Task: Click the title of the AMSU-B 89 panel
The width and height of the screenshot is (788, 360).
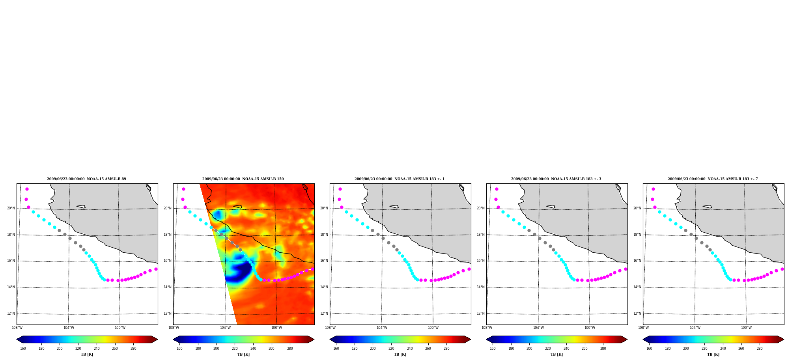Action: click(86, 179)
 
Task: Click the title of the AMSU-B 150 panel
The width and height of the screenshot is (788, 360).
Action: click(243, 179)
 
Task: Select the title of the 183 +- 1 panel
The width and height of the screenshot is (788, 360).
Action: click(400, 179)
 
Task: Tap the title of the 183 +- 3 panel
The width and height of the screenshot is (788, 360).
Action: click(556, 179)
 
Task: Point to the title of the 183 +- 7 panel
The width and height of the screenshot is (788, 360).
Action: click(713, 179)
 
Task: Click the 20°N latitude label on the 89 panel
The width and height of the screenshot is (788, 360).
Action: click(11, 208)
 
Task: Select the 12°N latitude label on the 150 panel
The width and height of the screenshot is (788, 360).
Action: click(167, 313)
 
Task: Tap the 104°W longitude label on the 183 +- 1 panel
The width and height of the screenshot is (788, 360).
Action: click(382, 328)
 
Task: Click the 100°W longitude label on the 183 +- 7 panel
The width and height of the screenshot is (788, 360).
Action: click(746, 328)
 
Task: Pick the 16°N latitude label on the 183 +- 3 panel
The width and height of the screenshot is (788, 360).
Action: click(480, 261)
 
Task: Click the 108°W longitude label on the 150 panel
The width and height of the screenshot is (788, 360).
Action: click(174, 328)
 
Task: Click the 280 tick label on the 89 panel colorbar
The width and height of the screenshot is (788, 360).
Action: click(133, 349)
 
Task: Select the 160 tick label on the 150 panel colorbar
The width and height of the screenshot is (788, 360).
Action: click(179, 349)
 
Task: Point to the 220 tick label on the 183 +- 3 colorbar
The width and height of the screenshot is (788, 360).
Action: click(548, 349)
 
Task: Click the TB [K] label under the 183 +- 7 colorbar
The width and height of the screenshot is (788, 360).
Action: click(713, 354)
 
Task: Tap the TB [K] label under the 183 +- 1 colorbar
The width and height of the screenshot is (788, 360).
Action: click(400, 354)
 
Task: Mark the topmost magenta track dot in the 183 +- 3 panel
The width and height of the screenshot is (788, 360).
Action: click(497, 189)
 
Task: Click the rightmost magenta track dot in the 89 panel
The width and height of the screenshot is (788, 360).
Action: click(156, 269)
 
